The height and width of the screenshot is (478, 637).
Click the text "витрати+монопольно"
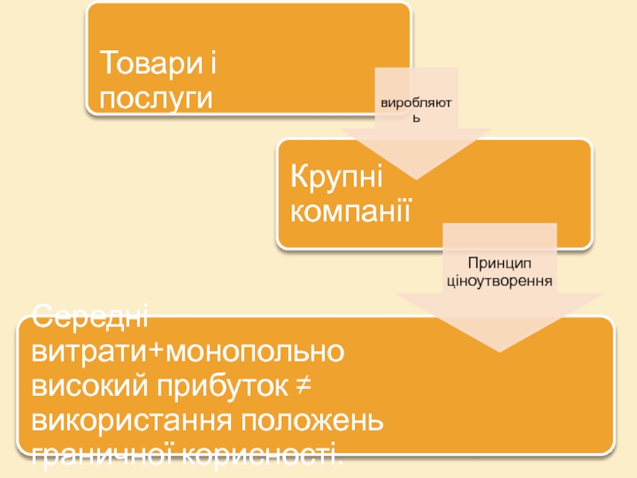coord(187,352)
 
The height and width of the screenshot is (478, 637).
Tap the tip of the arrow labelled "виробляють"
coord(416,177)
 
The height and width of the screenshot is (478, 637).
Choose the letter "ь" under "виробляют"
coord(416,119)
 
